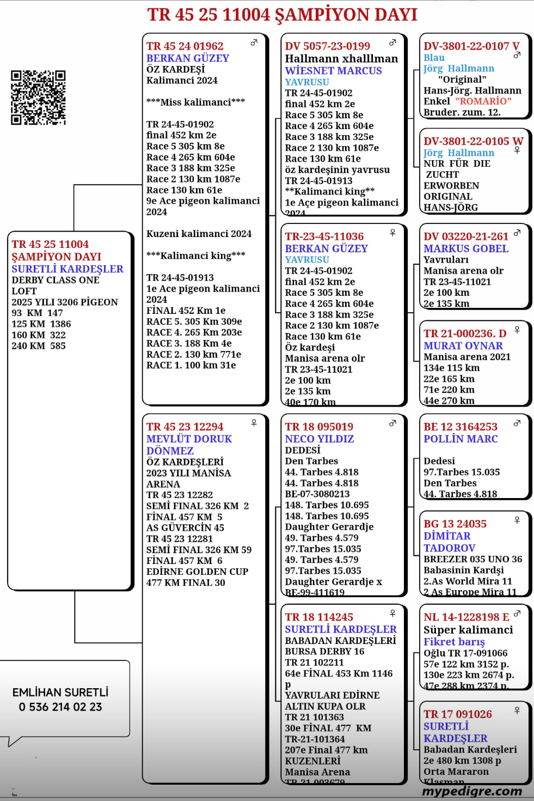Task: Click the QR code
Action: click(x=38, y=98)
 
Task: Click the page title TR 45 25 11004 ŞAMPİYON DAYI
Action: click(x=282, y=15)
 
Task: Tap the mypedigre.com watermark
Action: click(x=471, y=791)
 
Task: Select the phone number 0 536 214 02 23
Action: click(x=60, y=707)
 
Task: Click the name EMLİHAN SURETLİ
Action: click(x=60, y=692)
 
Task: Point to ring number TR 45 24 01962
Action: click(x=185, y=46)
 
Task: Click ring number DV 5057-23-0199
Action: click(x=327, y=46)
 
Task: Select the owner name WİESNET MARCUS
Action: click(x=333, y=70)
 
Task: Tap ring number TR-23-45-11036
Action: click(x=324, y=236)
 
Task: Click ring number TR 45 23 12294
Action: click(x=185, y=427)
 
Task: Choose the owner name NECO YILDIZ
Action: click(x=319, y=439)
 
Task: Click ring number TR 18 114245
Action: click(x=319, y=617)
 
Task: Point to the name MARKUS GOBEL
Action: click(x=465, y=248)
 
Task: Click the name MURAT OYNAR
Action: click(x=463, y=345)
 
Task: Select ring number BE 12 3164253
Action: click(x=460, y=427)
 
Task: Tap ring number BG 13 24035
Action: click(x=455, y=524)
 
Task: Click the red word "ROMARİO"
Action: click(x=483, y=101)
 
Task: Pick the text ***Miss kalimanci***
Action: click(x=195, y=102)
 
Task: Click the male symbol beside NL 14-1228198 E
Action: click(x=517, y=614)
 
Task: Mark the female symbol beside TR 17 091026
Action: click(x=517, y=711)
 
